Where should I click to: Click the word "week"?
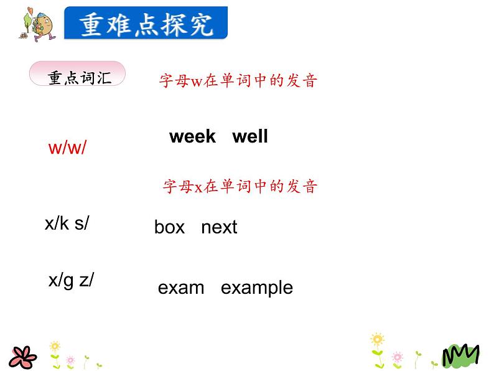click(x=192, y=137)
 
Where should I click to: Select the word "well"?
click(x=250, y=137)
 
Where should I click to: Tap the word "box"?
click(x=169, y=227)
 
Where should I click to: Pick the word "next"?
click(x=219, y=227)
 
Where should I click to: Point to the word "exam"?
click(x=181, y=288)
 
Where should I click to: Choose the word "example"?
click(x=256, y=288)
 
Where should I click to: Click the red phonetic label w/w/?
click(x=67, y=149)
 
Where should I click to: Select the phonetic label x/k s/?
click(x=67, y=224)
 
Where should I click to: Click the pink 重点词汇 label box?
click(x=78, y=76)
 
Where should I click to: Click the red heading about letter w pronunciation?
click(x=238, y=81)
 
